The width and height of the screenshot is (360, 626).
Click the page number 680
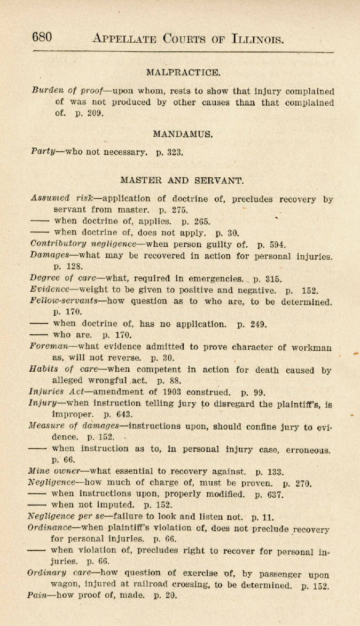coord(42,37)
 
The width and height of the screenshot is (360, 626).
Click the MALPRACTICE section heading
coord(183,72)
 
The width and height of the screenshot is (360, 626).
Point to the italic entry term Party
coord(44,152)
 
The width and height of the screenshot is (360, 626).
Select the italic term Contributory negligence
coord(83,244)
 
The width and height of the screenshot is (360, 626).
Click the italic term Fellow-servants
coord(64,301)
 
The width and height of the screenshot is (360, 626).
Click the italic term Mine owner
coord(54,472)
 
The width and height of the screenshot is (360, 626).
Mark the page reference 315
coord(272,278)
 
